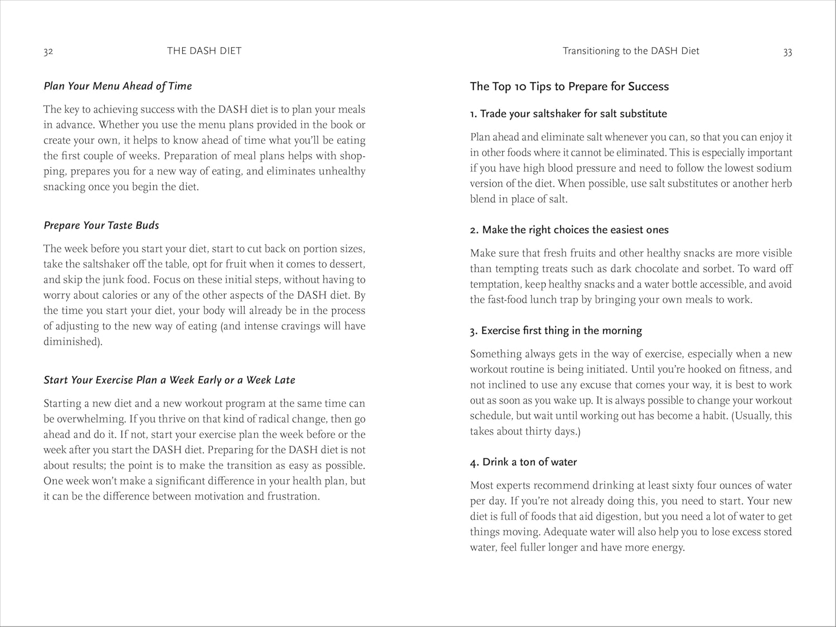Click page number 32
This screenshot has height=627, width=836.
(x=48, y=52)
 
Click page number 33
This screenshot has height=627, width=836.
(x=787, y=52)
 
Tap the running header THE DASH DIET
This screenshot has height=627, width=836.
(x=204, y=51)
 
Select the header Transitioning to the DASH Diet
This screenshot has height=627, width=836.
(x=630, y=51)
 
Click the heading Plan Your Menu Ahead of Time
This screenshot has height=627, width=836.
(x=118, y=86)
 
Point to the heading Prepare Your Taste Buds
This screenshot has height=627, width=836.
(x=101, y=225)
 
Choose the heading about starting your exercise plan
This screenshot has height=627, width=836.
(x=169, y=380)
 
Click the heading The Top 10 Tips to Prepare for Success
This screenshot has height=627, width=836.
(x=569, y=86)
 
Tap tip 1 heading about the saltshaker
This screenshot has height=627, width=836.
(x=568, y=114)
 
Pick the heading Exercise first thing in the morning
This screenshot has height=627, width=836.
(x=556, y=330)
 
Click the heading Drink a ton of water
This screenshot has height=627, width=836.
(x=523, y=462)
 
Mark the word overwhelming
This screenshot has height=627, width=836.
(x=84, y=419)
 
